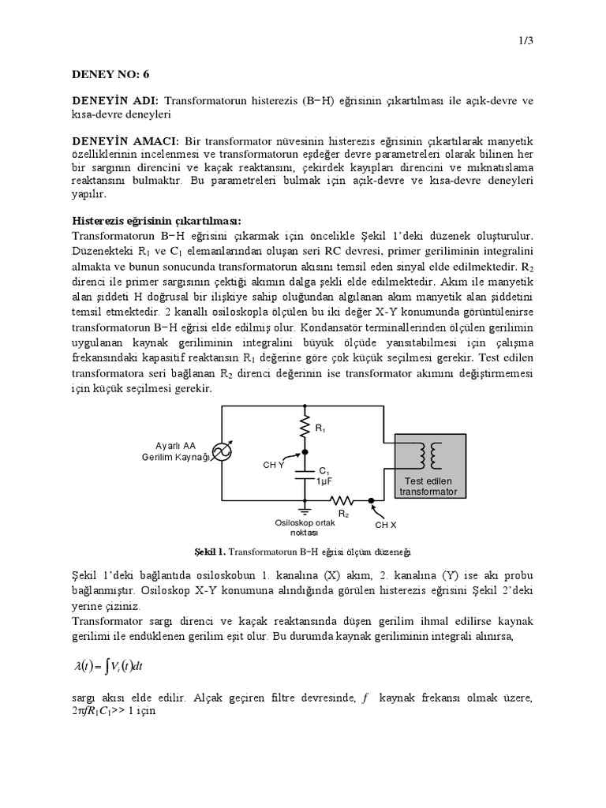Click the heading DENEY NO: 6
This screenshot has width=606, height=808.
[x=110, y=74]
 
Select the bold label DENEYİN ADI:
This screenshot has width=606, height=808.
[x=115, y=102]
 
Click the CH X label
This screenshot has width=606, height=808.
[x=386, y=524]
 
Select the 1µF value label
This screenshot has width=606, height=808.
[x=324, y=481]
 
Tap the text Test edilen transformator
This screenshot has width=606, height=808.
[x=428, y=485]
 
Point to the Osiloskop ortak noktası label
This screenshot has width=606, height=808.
[x=304, y=527]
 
